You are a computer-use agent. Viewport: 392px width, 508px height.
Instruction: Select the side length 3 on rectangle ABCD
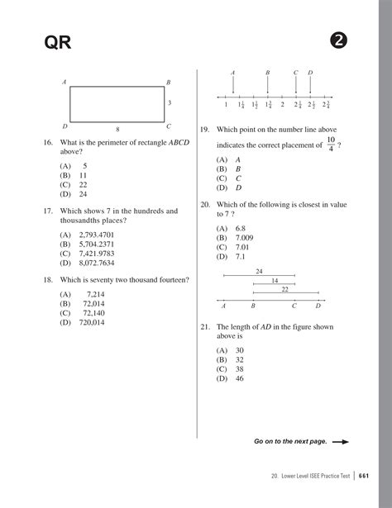[x=170, y=102]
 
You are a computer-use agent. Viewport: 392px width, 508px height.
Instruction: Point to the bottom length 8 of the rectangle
[x=117, y=129]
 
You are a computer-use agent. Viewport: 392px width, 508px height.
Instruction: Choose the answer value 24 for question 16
[x=83, y=194]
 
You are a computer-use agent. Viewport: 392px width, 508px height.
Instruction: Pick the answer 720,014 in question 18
[x=92, y=322]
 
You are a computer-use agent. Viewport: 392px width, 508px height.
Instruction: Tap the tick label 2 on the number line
[x=282, y=105]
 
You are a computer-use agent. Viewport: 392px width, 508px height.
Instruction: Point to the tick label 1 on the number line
[x=226, y=105]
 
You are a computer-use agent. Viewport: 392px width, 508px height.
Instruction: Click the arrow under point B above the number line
[x=268, y=86]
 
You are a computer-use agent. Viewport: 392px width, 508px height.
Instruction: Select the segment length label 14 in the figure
[x=275, y=281]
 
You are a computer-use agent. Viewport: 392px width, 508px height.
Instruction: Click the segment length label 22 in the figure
[x=284, y=289]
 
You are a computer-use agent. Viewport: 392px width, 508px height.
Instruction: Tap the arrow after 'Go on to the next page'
[x=340, y=442]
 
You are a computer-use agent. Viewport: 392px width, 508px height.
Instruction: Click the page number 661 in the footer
[x=364, y=477]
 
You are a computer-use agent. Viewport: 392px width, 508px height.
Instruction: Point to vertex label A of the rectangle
[x=65, y=83]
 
